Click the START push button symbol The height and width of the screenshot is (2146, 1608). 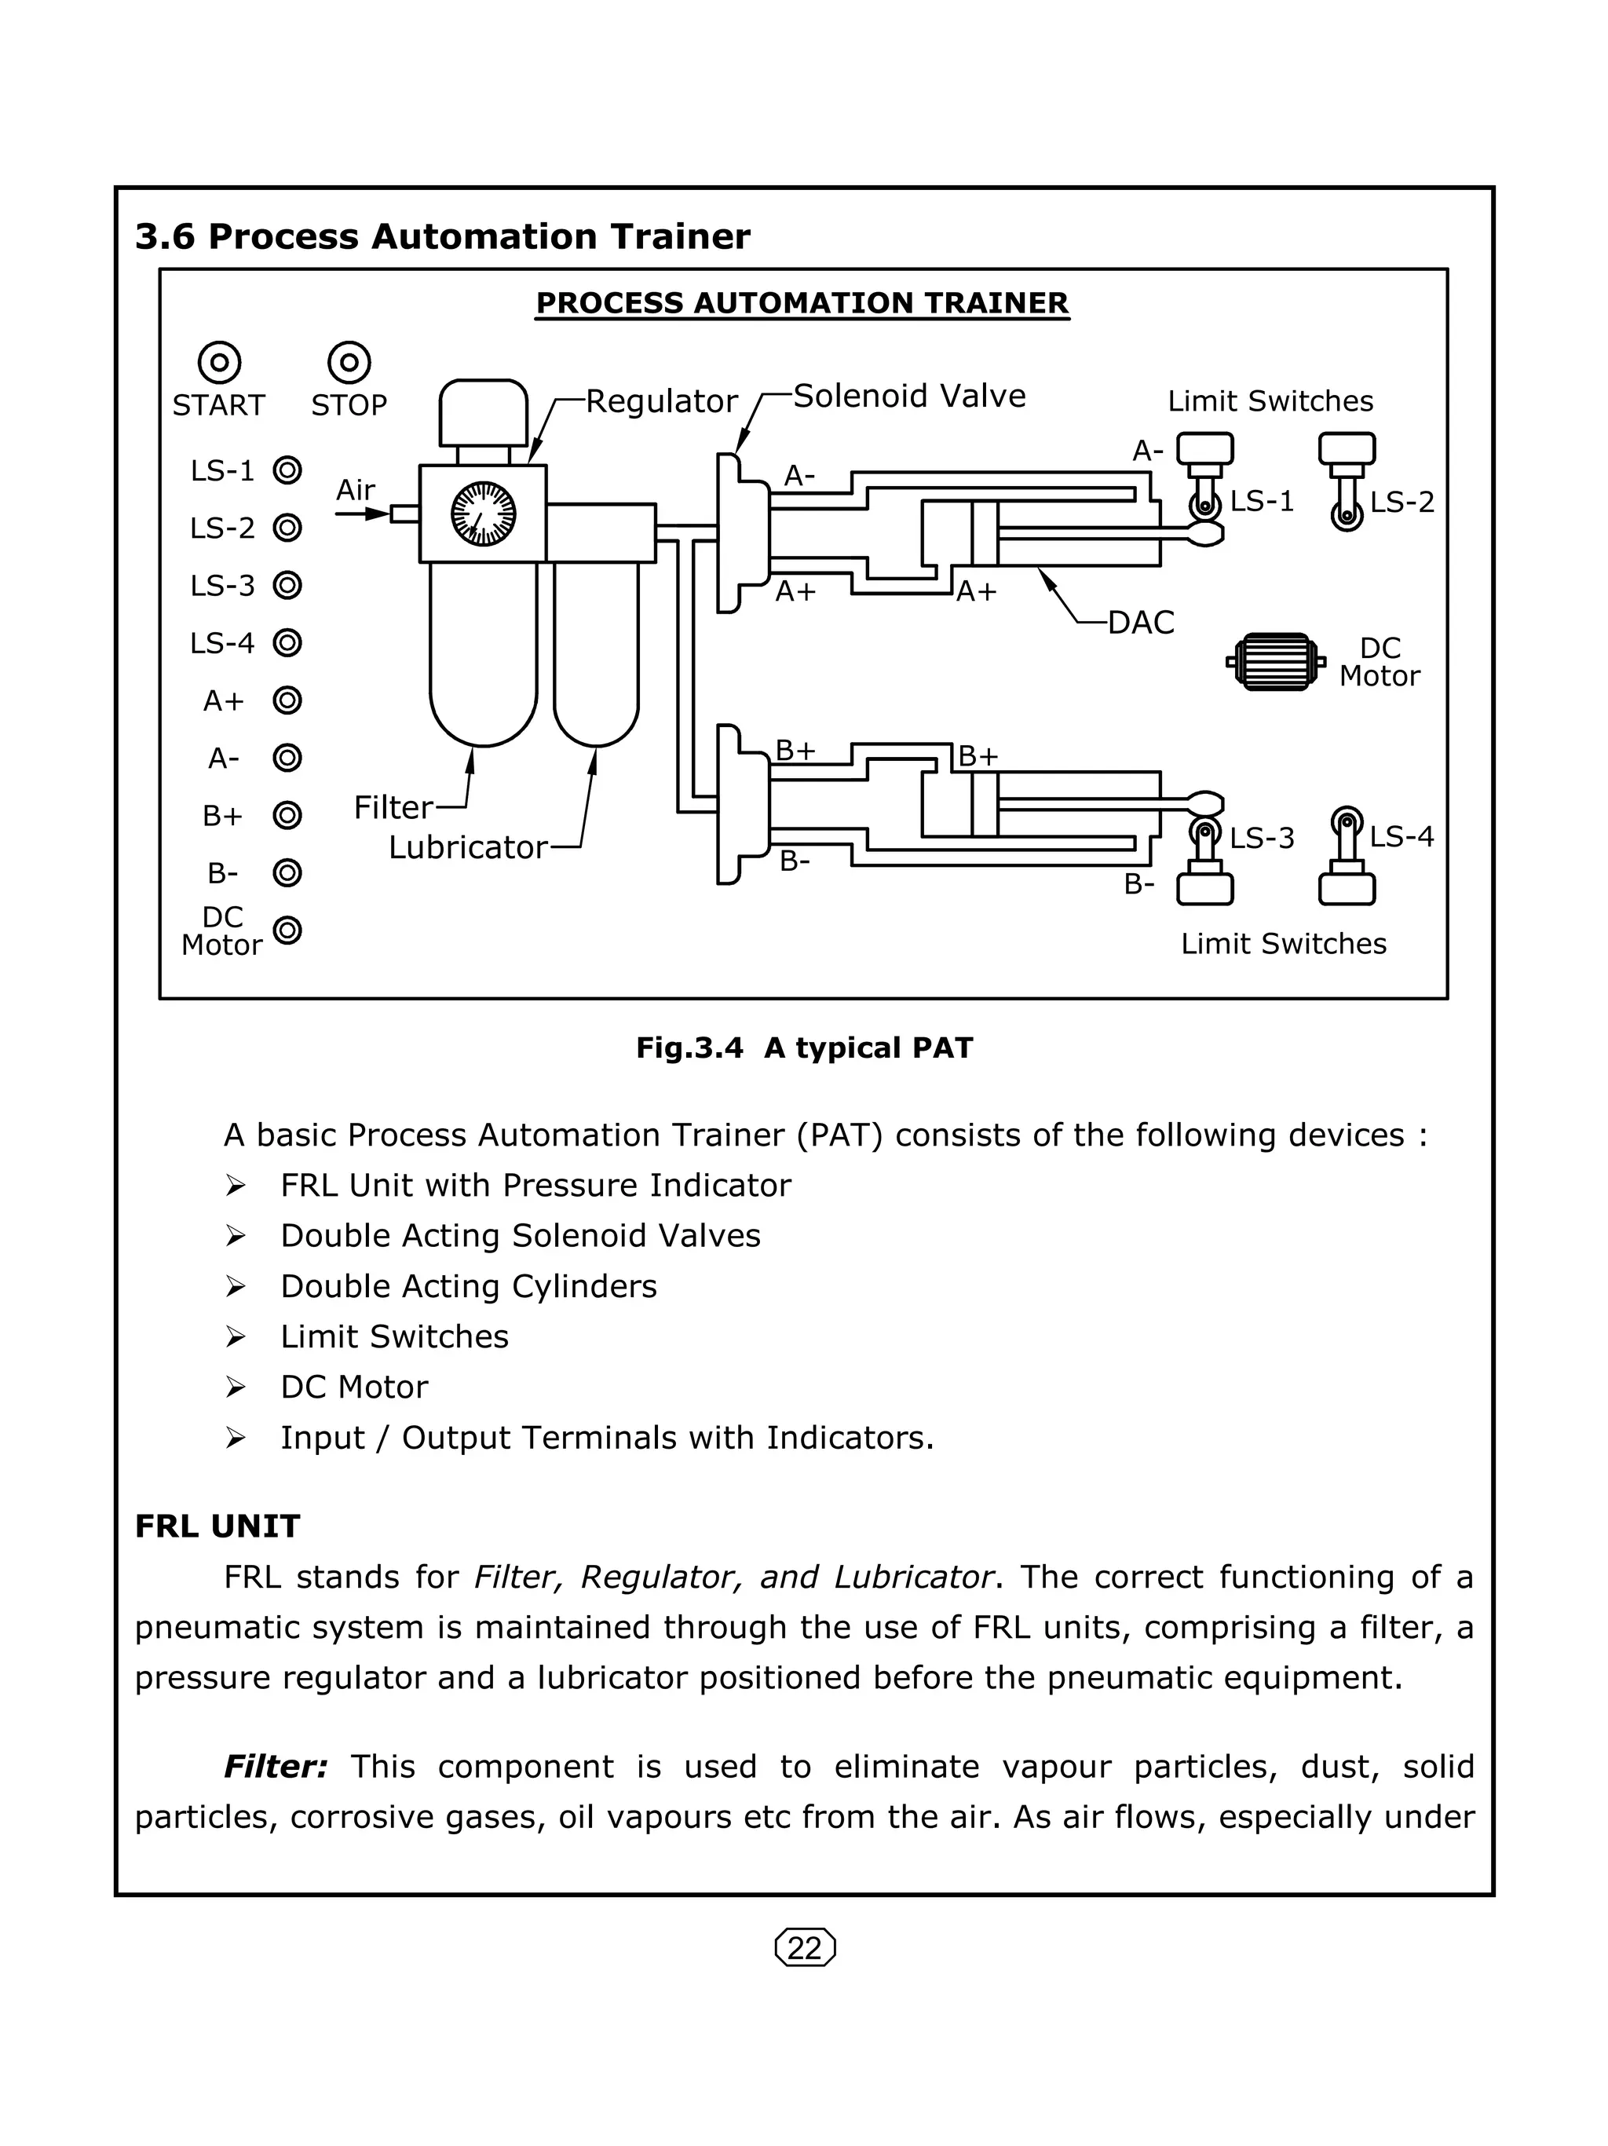pyautogui.click(x=219, y=363)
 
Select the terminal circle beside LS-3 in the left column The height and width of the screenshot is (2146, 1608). pyautogui.click(x=287, y=586)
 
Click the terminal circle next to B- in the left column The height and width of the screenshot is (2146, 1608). pyautogui.click(x=287, y=873)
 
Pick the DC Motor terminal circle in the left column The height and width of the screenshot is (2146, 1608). pyautogui.click(x=287, y=930)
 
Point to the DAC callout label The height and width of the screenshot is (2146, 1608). pyautogui.click(x=1141, y=623)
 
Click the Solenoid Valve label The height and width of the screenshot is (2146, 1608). pyautogui.click(x=908, y=397)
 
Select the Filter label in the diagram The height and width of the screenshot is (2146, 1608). pyautogui.click(x=393, y=807)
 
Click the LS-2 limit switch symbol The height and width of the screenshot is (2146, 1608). pyautogui.click(x=1346, y=481)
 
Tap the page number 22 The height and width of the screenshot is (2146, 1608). pyautogui.click(x=805, y=1948)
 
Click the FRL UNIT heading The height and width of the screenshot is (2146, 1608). pyautogui.click(x=217, y=1526)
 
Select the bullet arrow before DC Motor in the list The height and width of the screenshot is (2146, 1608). pyautogui.click(x=236, y=1387)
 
